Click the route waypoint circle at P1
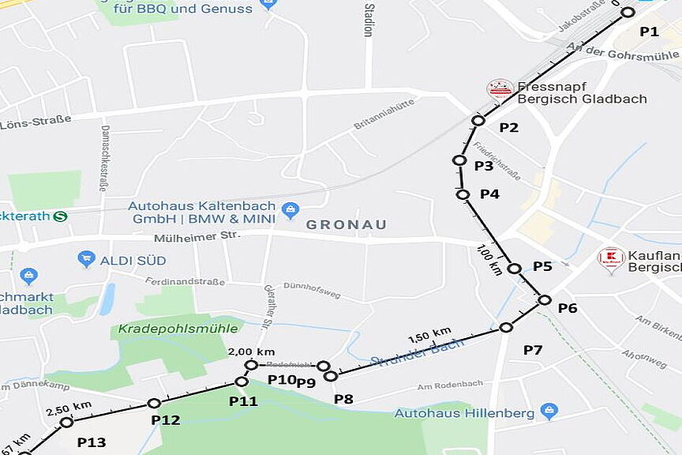click(x=628, y=12)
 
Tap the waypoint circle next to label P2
click(x=478, y=121)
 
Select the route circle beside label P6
click(x=544, y=299)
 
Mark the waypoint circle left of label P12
click(x=154, y=404)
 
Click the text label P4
click(x=489, y=194)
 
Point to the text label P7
click(x=533, y=350)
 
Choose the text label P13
click(x=92, y=442)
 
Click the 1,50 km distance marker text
click(x=429, y=336)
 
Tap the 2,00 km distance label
click(x=251, y=352)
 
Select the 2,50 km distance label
click(x=69, y=410)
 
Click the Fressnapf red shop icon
click(x=500, y=89)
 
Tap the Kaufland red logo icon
click(x=611, y=258)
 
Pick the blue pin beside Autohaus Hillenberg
click(x=549, y=412)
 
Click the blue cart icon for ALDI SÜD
click(x=87, y=259)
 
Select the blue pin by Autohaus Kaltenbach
click(x=290, y=210)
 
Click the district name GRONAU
click(x=347, y=225)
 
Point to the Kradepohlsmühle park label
click(x=168, y=329)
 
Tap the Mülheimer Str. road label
click(x=197, y=235)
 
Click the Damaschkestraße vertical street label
click(x=104, y=158)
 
